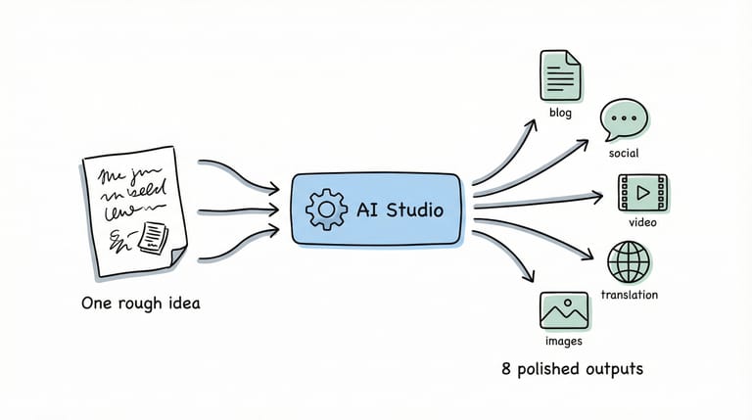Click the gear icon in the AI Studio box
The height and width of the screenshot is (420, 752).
click(x=325, y=210)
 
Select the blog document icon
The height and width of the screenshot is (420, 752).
click(x=560, y=74)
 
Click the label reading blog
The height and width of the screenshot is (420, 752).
click(x=559, y=113)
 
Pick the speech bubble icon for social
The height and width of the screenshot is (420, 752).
click(x=624, y=117)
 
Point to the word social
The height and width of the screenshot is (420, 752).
click(x=624, y=154)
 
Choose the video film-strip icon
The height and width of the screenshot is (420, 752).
click(x=642, y=193)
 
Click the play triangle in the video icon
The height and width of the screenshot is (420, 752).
click(x=643, y=193)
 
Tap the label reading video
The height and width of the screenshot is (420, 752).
click(x=642, y=223)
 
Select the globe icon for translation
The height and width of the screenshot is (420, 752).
click(x=629, y=261)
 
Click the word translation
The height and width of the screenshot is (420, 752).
click(x=629, y=295)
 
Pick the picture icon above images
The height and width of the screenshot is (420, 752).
click(x=563, y=310)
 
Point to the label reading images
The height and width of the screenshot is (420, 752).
click(x=563, y=342)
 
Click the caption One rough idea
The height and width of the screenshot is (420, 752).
click(x=141, y=303)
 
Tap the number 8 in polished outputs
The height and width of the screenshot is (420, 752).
click(x=505, y=369)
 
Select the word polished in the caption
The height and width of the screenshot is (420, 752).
click(x=548, y=369)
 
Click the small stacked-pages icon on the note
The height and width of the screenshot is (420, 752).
click(x=154, y=235)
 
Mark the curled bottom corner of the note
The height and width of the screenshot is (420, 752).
click(x=177, y=257)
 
